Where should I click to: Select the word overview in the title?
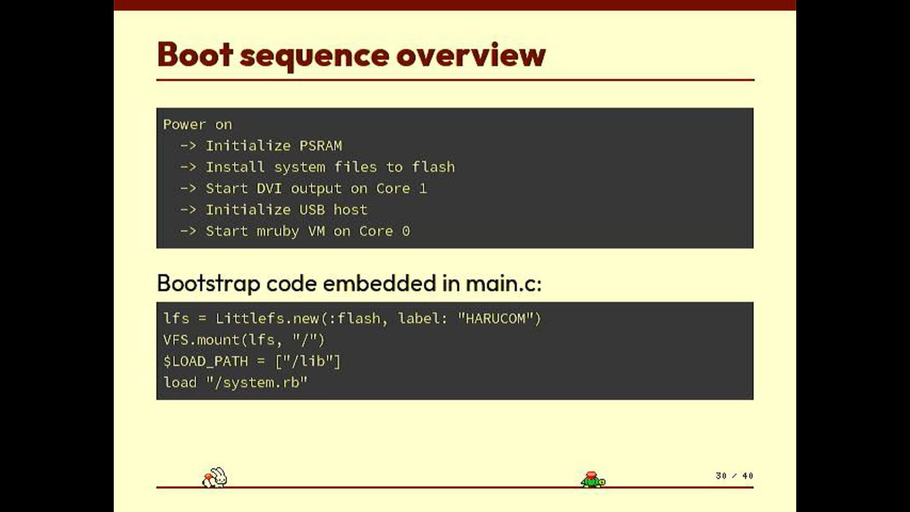click(x=471, y=54)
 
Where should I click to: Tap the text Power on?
click(x=198, y=125)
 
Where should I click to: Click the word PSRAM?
click(x=321, y=146)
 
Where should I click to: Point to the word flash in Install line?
click(x=434, y=167)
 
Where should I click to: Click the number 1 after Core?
click(x=423, y=188)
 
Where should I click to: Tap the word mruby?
click(x=278, y=231)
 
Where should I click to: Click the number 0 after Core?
click(x=406, y=231)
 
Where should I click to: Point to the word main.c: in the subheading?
click(x=504, y=284)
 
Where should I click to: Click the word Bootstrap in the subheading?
click(x=208, y=284)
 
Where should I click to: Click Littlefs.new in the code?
click(x=267, y=319)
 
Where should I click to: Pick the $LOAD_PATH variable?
click(x=198, y=362)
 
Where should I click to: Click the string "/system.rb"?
click(x=257, y=382)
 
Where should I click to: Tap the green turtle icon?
click(x=593, y=480)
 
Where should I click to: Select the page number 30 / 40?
click(x=734, y=476)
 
